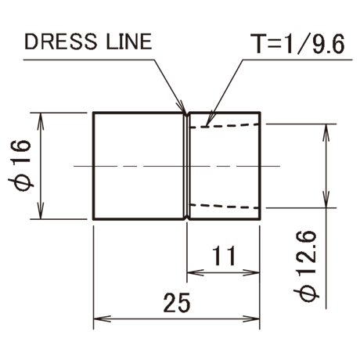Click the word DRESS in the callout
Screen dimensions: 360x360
point(60,41)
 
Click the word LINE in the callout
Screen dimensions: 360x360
point(128,41)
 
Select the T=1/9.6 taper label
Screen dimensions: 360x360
point(297,44)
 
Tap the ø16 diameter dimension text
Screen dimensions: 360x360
point(20,166)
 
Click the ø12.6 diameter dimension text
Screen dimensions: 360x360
point(307,266)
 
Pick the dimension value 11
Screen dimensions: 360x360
point(224,256)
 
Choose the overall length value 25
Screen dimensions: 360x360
point(177,303)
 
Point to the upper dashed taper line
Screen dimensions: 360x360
point(225,125)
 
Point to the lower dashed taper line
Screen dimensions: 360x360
point(225,206)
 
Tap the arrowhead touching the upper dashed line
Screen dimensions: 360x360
point(210,119)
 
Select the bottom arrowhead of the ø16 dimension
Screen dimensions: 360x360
point(41,211)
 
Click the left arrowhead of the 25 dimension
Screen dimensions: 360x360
point(102,319)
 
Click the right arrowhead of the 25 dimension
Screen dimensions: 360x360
point(251,319)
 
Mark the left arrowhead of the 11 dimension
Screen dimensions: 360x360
point(196,273)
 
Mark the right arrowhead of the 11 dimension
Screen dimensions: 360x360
point(251,273)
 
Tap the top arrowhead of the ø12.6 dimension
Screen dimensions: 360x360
point(326,133)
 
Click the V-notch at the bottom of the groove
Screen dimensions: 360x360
point(187,217)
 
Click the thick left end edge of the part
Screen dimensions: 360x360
point(93,166)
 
